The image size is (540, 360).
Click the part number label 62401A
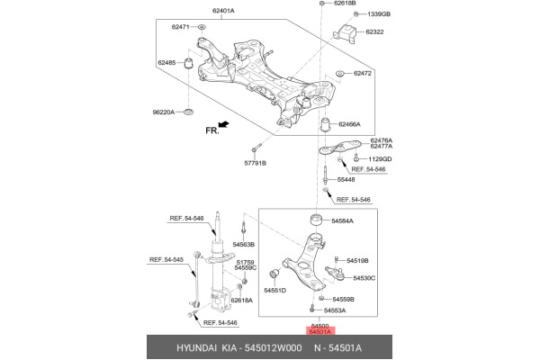coord(223,11)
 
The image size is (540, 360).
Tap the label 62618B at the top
coord(345,4)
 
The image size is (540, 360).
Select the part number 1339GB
coord(378,15)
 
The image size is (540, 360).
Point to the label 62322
coord(374,32)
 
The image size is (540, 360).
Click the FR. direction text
coord(212,130)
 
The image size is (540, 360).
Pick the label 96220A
coord(166,112)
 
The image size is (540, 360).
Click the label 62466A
coord(349,124)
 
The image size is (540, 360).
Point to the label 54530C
coord(364,278)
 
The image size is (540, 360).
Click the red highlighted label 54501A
coord(321,332)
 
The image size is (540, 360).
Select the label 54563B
coord(244,245)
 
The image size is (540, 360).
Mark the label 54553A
coord(342,310)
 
